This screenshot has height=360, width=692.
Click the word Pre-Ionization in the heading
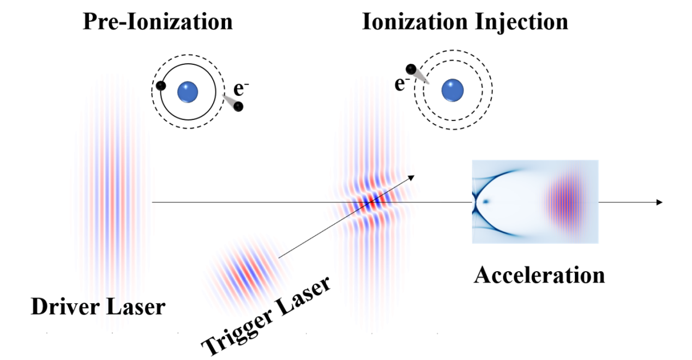158,22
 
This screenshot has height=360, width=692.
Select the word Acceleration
539,275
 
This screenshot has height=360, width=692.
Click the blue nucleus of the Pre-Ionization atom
188,92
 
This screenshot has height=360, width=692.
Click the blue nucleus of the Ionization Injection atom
453,91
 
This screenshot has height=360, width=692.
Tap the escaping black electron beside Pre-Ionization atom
238,106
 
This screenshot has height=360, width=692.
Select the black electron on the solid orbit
160,86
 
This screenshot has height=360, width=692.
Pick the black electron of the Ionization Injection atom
411,69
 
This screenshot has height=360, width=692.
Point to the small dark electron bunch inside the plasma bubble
485,202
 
